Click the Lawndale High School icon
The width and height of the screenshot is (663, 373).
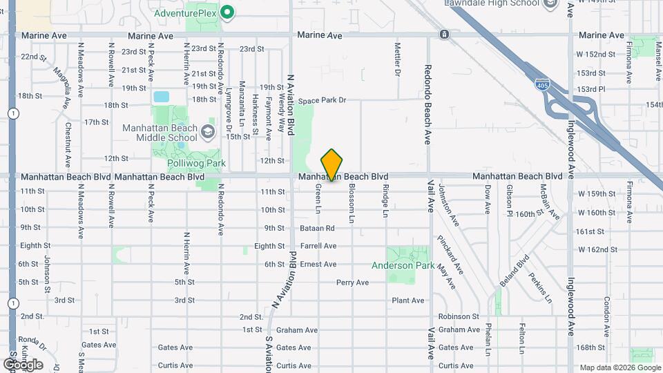[550, 3]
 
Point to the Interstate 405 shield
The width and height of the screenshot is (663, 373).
[542, 84]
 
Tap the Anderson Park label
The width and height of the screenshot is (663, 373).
[403, 265]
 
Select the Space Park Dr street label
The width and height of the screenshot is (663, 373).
[323, 100]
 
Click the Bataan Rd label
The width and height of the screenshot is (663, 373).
[317, 228]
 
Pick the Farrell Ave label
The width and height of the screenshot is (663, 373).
[318, 246]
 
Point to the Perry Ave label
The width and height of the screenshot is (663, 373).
[352, 283]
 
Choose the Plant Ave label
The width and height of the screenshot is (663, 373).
[407, 300]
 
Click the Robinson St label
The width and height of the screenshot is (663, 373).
[459, 316]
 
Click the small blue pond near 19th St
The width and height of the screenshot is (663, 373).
[161, 97]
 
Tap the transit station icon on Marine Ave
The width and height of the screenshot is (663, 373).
[444, 34]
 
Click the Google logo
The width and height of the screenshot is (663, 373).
[22, 364]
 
